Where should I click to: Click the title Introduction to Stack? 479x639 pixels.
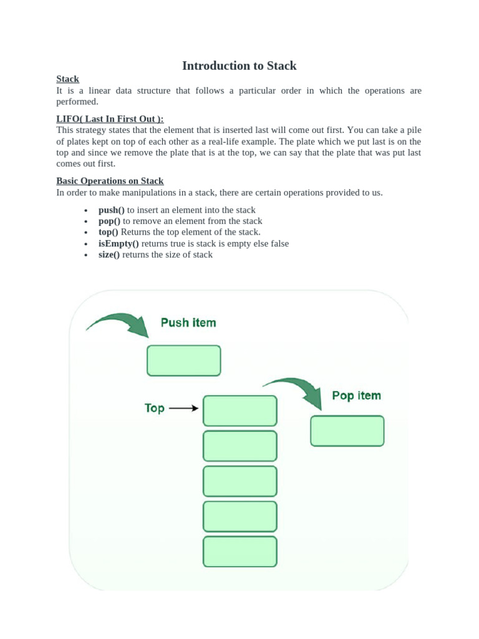click(239, 66)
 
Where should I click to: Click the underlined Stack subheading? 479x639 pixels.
click(67, 79)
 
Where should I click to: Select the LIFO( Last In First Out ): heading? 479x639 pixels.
click(110, 119)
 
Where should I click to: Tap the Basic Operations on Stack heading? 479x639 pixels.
click(110, 181)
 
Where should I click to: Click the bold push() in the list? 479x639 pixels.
click(112, 210)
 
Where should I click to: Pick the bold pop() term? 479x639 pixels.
click(109, 222)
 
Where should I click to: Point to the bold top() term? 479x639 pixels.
click(108, 232)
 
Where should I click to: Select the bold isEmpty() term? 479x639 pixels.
click(119, 243)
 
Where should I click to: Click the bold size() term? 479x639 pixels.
click(109, 255)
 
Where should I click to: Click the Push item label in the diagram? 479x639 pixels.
click(188, 323)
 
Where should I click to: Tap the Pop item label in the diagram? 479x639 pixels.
click(356, 396)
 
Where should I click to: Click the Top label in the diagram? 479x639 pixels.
click(155, 408)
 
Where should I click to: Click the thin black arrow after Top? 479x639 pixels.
click(184, 408)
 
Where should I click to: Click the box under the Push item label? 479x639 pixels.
click(183, 361)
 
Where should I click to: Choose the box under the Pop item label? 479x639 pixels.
click(347, 431)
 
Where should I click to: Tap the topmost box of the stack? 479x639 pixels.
click(239, 411)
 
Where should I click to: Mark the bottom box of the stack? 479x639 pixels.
click(239, 552)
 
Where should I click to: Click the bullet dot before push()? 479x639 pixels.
click(85, 211)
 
